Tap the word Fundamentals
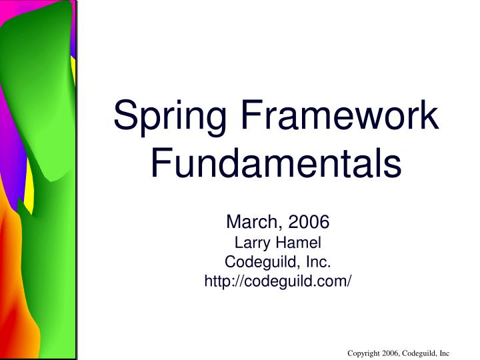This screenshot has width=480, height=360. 277,163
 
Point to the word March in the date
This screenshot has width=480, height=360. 253,223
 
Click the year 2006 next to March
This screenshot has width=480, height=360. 307,223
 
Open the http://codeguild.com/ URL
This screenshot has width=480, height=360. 277,281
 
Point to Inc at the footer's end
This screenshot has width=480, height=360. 445,353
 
